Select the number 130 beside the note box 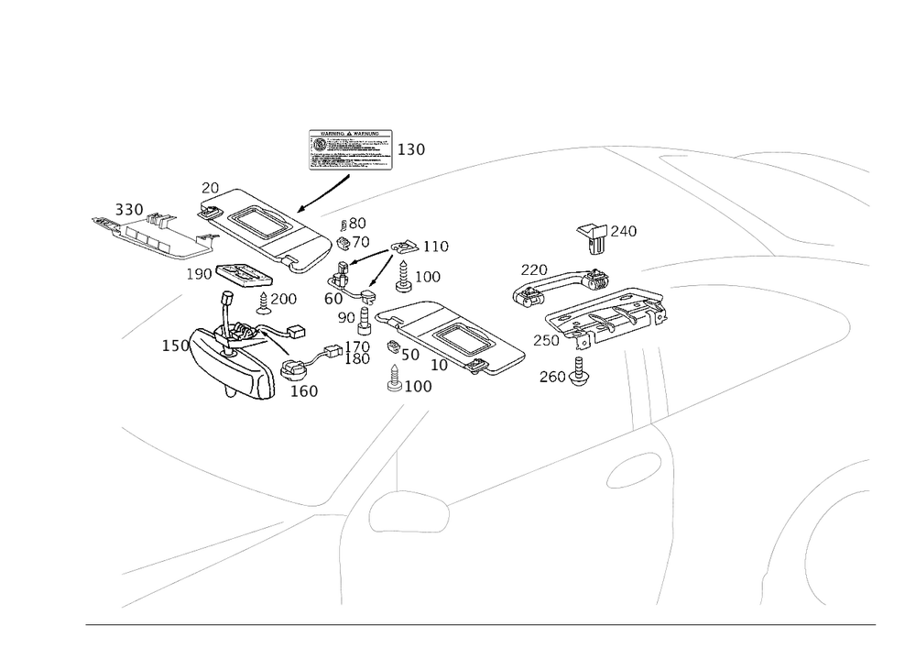(x=412, y=150)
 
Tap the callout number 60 (x=333, y=299)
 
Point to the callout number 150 (x=174, y=346)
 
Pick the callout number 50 (x=409, y=354)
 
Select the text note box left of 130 (x=350, y=149)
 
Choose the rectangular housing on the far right (x=605, y=315)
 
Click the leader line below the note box (x=329, y=194)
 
